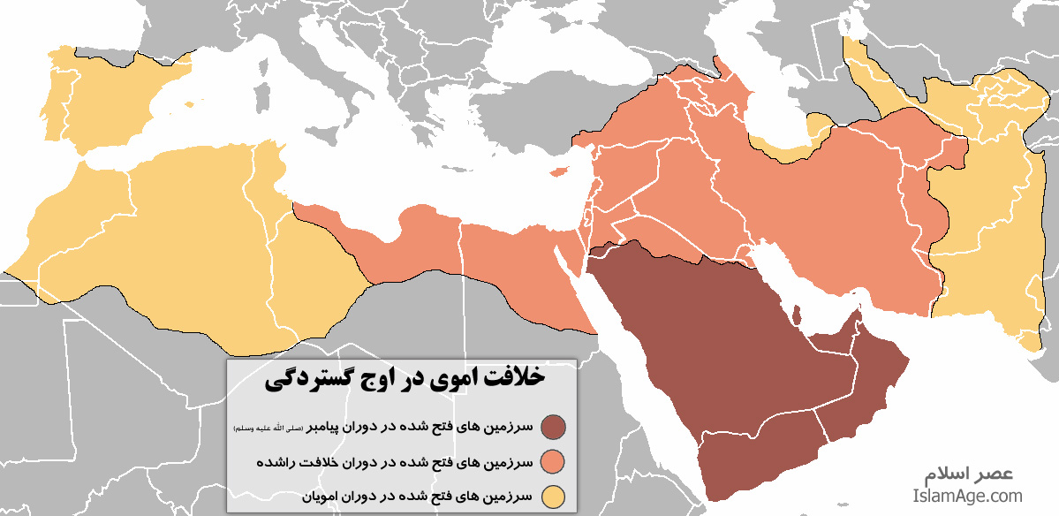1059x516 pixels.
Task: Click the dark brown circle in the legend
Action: [554, 428]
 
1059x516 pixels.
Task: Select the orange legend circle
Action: [554, 462]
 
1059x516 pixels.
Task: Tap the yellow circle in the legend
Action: [554, 496]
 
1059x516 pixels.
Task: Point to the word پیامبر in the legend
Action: [328, 427]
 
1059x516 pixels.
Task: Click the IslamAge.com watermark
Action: [968, 497]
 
